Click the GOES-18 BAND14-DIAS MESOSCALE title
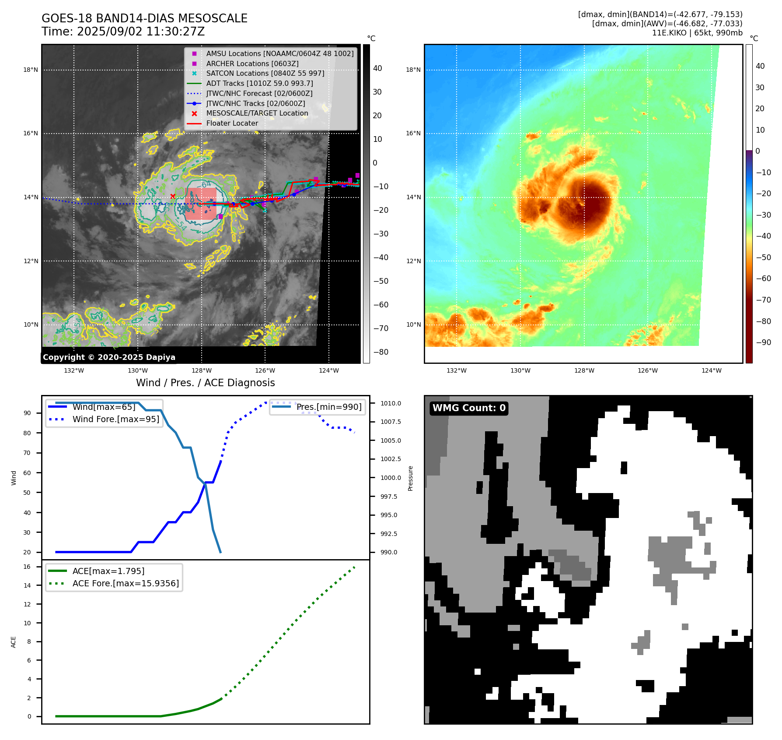click(x=144, y=18)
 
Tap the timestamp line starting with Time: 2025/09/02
click(x=123, y=32)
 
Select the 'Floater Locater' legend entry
click(x=232, y=123)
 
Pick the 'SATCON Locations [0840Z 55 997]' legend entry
click(x=265, y=73)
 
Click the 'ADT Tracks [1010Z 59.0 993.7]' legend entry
click(x=259, y=83)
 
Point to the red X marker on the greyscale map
click(x=173, y=196)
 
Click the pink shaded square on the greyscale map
click(x=201, y=204)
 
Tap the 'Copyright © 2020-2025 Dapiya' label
click(x=109, y=357)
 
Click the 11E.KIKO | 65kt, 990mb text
click(x=697, y=33)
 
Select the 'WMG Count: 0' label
click(x=469, y=408)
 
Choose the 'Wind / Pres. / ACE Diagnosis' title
click(x=205, y=383)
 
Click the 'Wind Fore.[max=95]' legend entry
click(x=115, y=419)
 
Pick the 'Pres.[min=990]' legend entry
click(x=329, y=407)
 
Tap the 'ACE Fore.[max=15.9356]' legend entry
click(x=126, y=583)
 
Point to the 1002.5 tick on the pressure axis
click(x=390, y=459)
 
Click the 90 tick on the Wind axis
click(x=27, y=413)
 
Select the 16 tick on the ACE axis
click(x=27, y=567)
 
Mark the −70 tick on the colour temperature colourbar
click(x=763, y=300)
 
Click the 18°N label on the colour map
click(x=413, y=70)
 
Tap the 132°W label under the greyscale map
click(x=74, y=370)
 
